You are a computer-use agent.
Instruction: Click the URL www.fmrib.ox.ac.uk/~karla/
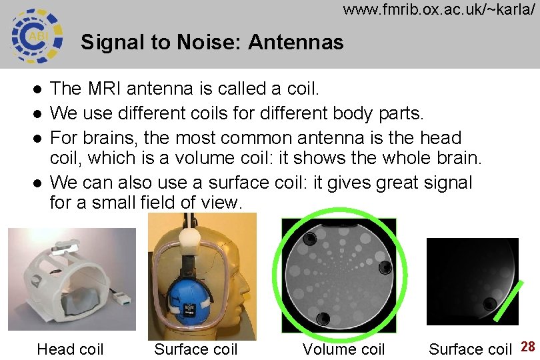point(439,10)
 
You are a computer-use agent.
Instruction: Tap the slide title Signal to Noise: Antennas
point(212,43)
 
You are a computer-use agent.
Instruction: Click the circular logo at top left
point(37,34)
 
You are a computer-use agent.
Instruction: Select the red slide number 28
point(528,347)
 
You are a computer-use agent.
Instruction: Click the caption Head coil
point(70,349)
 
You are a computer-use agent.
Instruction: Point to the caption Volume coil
point(344,349)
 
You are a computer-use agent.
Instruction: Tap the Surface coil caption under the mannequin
point(196,349)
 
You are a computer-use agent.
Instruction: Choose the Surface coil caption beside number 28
point(470,349)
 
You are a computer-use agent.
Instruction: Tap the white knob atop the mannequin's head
point(193,235)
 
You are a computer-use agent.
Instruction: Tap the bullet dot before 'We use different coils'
point(38,114)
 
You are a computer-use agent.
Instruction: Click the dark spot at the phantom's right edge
point(385,268)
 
